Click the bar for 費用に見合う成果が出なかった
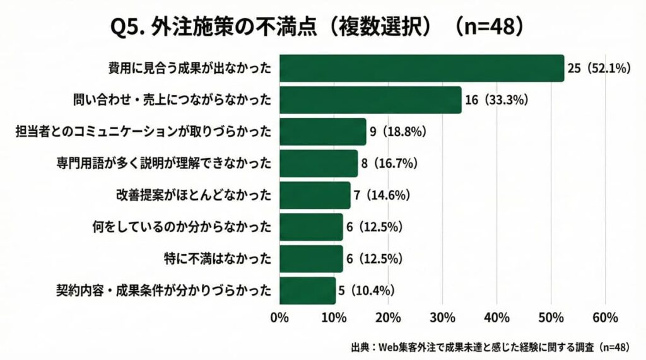coord(421,69)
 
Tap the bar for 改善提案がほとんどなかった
coord(314,195)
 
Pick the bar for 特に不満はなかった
coord(310,258)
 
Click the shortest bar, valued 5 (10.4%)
coord(307,290)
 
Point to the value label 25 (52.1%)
coord(599,69)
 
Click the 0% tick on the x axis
coord(279,317)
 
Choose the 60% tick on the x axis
coord(606,317)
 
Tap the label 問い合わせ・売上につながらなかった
coord(173,100)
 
